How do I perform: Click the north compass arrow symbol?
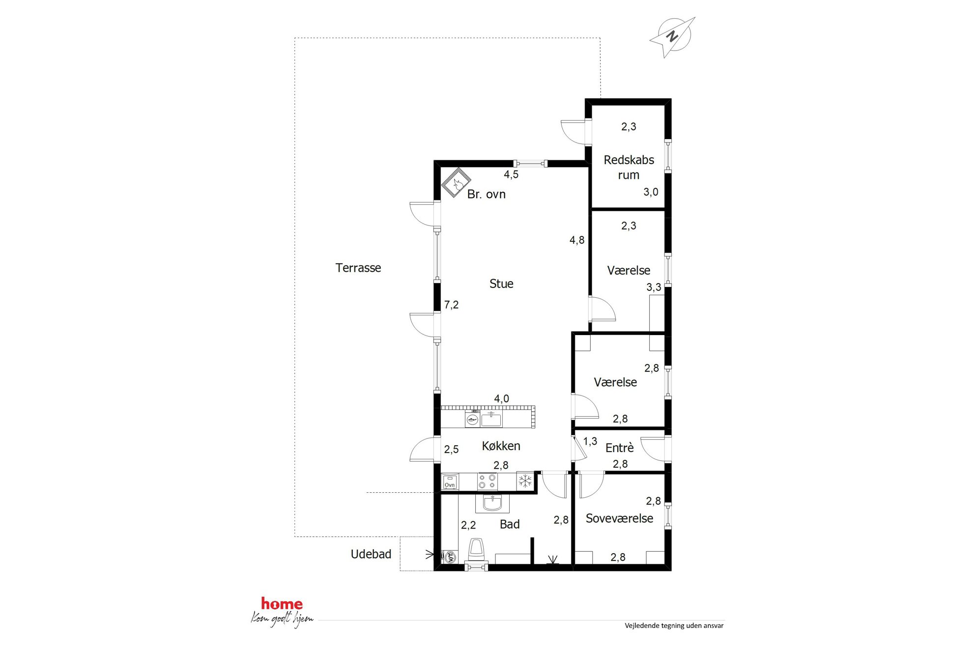[672, 36]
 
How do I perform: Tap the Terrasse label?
[358, 268]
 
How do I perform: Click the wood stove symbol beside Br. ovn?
[456, 183]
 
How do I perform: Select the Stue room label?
[501, 283]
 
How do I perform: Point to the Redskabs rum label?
[629, 167]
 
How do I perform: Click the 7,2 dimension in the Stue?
[451, 305]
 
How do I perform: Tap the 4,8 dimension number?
[577, 240]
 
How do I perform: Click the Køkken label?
[501, 446]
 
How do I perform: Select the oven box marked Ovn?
[450, 481]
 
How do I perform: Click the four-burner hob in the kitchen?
[487, 481]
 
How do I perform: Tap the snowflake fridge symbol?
[525, 481]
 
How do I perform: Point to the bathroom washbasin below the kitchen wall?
[492, 503]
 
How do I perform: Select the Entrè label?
[619, 448]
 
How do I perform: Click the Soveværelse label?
[619, 518]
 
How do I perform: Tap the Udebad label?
[371, 554]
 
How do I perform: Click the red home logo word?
[282, 604]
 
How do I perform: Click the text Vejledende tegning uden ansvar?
[674, 625]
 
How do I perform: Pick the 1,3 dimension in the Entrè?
[590, 441]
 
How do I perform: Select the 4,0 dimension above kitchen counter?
[501, 399]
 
